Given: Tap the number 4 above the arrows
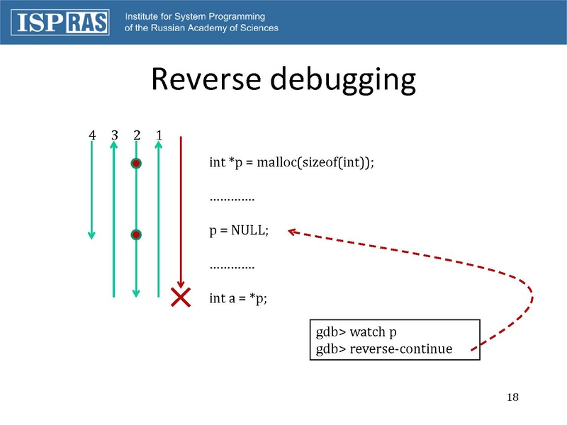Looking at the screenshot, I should (91, 135).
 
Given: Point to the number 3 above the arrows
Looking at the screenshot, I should (114, 135).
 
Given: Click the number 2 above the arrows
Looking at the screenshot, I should (137, 135).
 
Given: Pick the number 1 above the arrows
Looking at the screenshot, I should (159, 135).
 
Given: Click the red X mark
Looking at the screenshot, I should (181, 297).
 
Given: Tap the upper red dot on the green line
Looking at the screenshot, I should (136, 164).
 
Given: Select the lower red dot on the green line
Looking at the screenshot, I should (136, 234).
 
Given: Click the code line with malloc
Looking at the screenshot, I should (291, 162).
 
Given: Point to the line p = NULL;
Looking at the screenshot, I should (239, 231).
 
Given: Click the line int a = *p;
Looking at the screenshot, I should (238, 298).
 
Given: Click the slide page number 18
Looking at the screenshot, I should (513, 396).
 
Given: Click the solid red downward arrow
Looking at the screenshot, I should (181, 212).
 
